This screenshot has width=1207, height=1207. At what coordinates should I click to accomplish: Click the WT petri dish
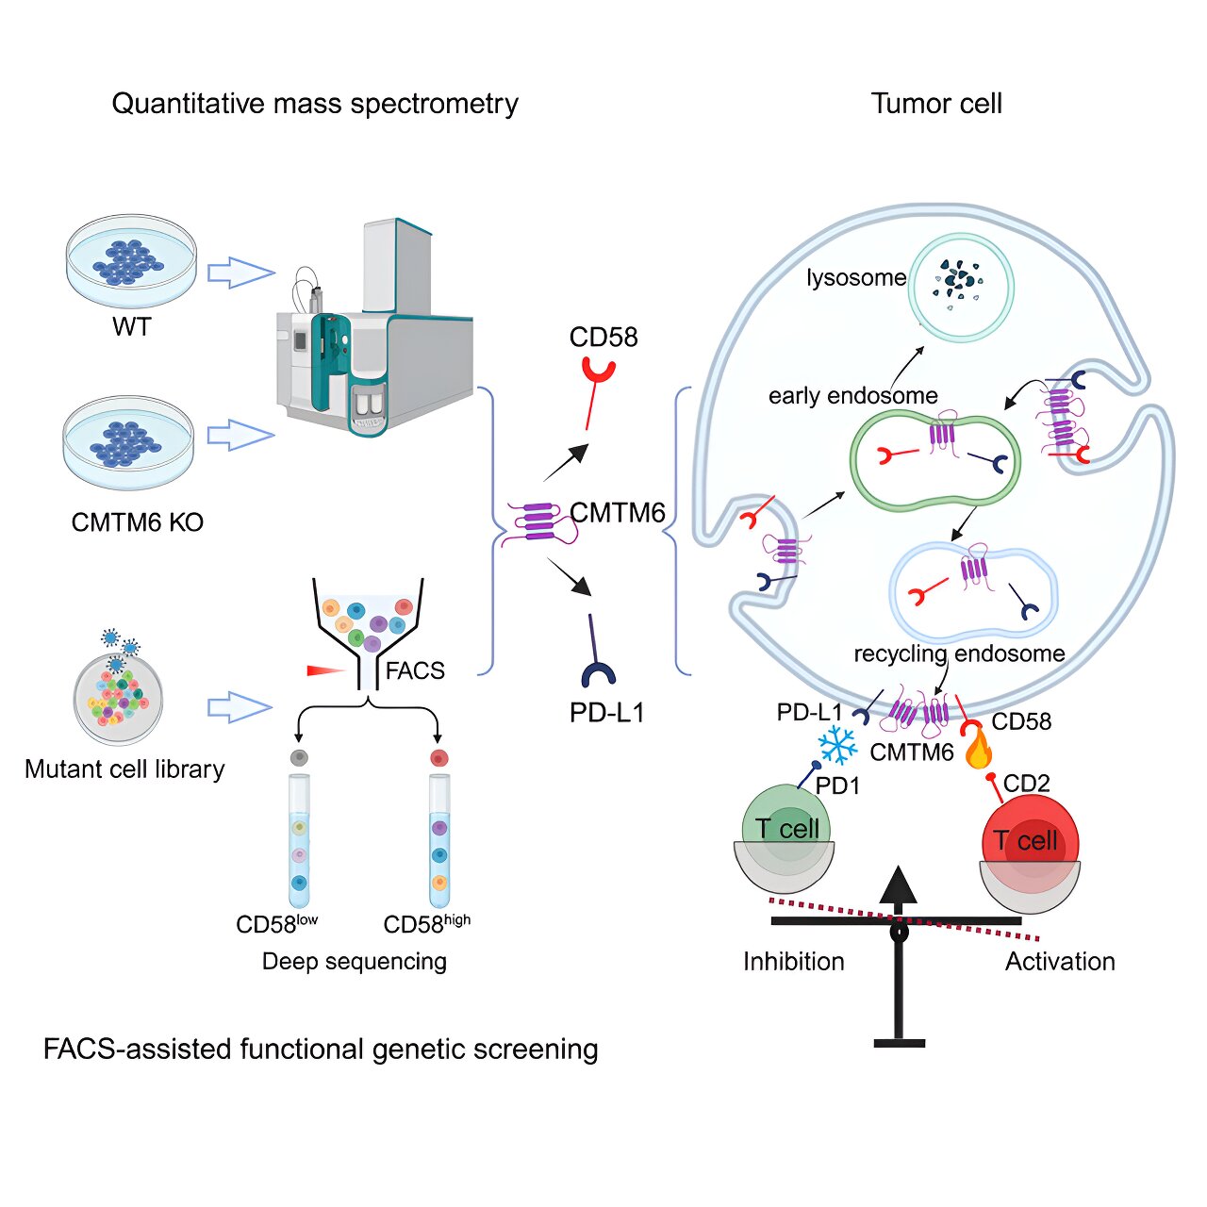[x=131, y=261]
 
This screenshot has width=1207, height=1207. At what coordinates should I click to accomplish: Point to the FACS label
[x=415, y=670]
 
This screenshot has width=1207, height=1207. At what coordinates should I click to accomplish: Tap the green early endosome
[x=935, y=459]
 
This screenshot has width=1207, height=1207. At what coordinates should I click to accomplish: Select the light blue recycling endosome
[x=973, y=591]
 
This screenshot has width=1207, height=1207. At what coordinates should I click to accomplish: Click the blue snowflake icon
[x=836, y=745]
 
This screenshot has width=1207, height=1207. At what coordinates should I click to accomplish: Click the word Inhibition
[x=793, y=961]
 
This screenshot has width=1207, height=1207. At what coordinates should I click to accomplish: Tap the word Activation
[x=1060, y=961]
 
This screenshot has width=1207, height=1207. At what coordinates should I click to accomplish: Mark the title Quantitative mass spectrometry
[x=315, y=103]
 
